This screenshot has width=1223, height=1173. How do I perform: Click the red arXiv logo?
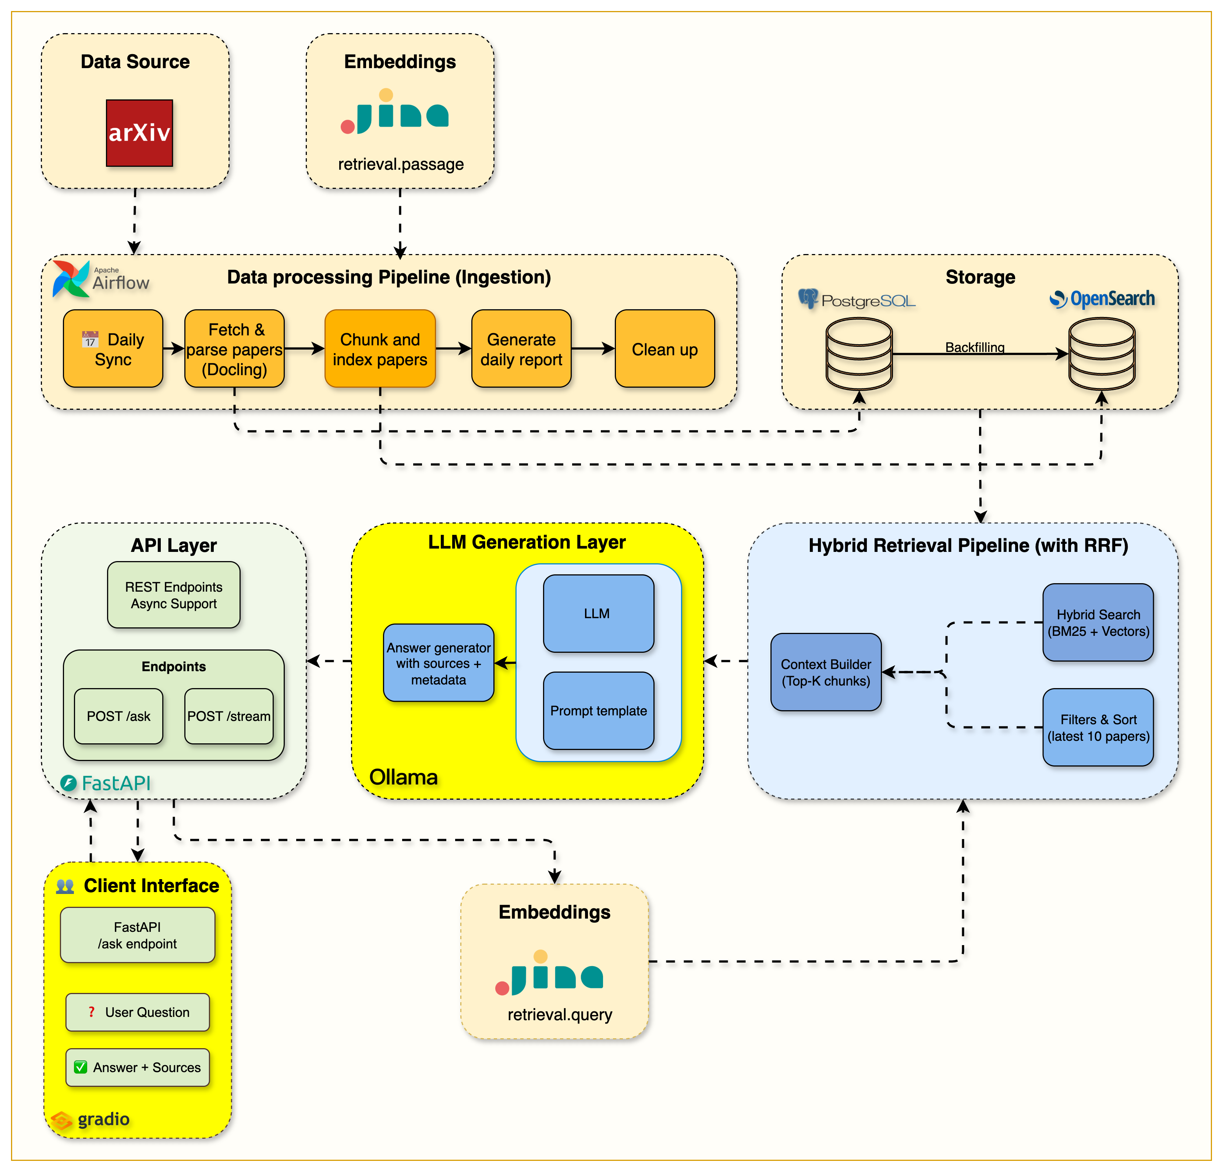(139, 133)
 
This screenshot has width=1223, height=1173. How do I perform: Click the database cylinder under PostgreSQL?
(859, 354)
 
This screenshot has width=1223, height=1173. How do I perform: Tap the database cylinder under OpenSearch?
(1101, 354)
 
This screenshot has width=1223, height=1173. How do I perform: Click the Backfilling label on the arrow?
(975, 347)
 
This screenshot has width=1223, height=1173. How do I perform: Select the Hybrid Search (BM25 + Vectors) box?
(1098, 622)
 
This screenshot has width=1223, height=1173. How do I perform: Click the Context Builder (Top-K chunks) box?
(826, 672)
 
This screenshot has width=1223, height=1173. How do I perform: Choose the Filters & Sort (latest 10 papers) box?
(1098, 727)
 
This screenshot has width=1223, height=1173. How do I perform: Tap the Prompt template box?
(598, 711)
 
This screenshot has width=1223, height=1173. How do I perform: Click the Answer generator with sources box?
(439, 663)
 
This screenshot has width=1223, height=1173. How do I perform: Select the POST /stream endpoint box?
(229, 716)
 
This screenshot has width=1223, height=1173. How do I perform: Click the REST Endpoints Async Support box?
(173, 595)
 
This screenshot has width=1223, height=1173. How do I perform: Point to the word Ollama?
(403, 777)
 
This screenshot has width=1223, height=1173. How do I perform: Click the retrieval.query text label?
(560, 1014)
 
